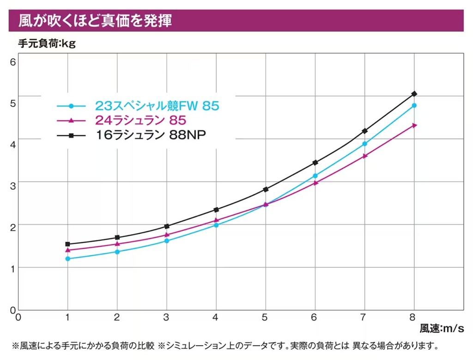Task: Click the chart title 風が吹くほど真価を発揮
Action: point(95,21)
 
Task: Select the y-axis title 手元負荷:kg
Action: point(47,44)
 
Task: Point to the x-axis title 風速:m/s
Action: point(442,328)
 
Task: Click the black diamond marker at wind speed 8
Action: point(414,94)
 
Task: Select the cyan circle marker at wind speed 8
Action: point(414,106)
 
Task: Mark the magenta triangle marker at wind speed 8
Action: point(414,125)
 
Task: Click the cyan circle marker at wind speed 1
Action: point(67,259)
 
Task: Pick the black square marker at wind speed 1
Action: point(67,244)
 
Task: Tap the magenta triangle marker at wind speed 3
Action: point(167,234)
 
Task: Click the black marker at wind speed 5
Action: point(266,189)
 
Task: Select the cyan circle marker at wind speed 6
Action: point(315,176)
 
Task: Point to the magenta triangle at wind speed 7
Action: point(365,156)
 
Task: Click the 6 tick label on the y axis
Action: point(12,62)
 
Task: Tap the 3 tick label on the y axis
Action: point(12,186)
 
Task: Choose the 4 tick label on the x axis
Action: point(215,317)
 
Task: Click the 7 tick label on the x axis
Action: point(363,317)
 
